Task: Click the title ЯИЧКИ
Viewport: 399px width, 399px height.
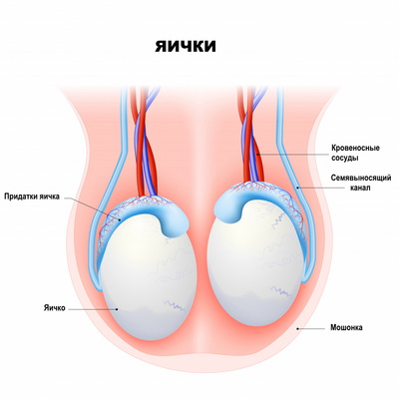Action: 186,46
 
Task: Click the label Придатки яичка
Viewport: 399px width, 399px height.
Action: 32,197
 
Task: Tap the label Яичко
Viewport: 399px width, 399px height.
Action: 54,308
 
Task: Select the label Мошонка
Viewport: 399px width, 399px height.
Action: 346,327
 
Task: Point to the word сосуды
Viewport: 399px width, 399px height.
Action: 345,158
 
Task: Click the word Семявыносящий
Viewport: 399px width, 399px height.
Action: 361,178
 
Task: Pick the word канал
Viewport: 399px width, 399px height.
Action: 361,189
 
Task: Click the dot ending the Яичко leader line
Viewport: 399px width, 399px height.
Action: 117,309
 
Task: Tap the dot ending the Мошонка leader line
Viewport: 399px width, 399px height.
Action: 297,328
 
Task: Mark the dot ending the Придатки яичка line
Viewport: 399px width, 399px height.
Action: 119,218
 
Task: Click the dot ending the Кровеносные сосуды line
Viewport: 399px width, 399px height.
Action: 257,155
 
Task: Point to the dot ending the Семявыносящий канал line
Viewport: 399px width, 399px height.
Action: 297,188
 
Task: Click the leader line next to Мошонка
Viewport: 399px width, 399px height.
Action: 311,328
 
